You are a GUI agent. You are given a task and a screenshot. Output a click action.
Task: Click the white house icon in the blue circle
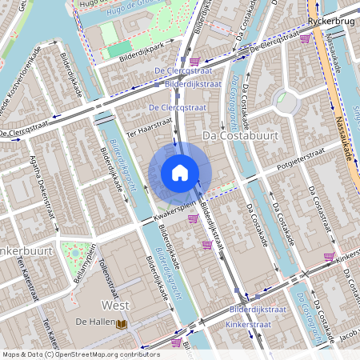coord(180,172)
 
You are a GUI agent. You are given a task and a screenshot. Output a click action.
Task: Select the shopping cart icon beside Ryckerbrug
coord(305,38)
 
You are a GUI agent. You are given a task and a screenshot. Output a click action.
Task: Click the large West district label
coord(116,305)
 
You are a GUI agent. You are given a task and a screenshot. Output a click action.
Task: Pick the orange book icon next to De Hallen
coord(122,323)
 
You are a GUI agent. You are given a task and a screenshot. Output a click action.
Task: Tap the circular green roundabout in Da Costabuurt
coord(285,101)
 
